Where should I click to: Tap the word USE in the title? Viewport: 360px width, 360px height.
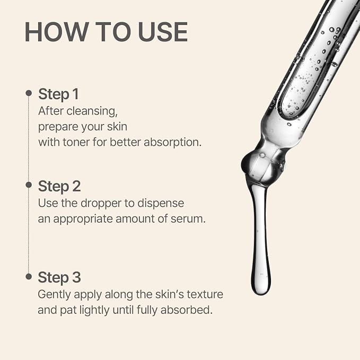pos(163,32)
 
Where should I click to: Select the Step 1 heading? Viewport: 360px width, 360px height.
pos(58,94)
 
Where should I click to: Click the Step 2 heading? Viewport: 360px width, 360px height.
pos(59,186)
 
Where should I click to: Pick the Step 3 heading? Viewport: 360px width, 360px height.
pos(59,277)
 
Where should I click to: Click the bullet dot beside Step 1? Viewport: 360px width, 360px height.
pos(29,93)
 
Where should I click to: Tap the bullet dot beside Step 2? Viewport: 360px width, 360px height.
pos(29,185)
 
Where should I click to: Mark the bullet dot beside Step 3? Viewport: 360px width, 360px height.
pos(29,276)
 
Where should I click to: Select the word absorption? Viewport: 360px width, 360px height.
pos(172,143)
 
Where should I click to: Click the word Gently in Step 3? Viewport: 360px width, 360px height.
pos(54,295)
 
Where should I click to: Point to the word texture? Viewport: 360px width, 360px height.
pos(205,295)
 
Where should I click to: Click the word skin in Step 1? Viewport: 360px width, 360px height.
pos(117,127)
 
